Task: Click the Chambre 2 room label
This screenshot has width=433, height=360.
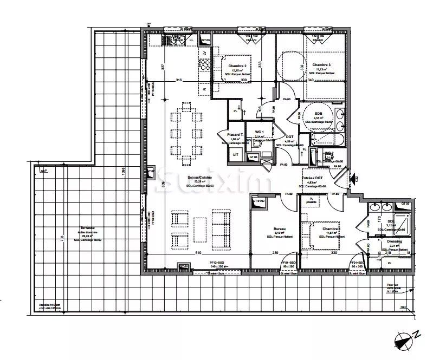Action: click(x=237, y=66)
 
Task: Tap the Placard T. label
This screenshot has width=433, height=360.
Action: click(x=235, y=134)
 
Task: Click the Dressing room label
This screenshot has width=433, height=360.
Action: click(x=394, y=241)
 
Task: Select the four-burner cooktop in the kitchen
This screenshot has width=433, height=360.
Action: click(x=204, y=65)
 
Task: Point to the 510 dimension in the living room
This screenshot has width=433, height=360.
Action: click(x=198, y=253)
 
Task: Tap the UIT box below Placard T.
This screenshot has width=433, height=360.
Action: click(x=235, y=155)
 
